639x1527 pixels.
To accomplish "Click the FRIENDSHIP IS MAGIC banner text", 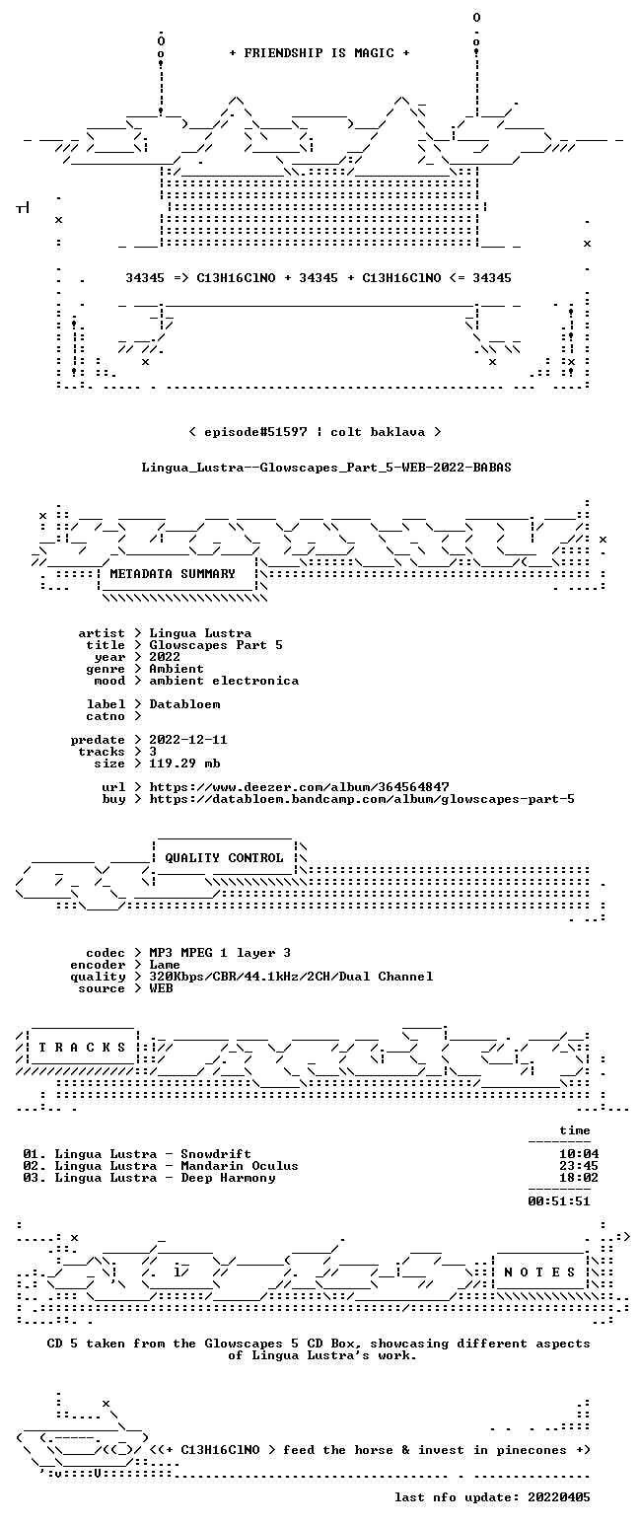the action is [319, 53].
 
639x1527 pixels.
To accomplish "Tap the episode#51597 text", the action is [255, 431].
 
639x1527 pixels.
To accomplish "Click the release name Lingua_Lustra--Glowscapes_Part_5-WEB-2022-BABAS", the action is [326, 468].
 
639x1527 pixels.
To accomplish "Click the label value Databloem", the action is [184, 704].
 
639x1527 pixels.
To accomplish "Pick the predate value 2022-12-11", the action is [188, 740].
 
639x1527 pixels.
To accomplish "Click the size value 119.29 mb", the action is [184, 763].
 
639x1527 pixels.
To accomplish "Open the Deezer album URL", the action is [299, 786].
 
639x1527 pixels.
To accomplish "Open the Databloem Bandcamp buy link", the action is [362, 799].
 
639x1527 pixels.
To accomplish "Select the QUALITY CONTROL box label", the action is [224, 857].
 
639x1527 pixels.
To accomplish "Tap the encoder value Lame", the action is [165, 965].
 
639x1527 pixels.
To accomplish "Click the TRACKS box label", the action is [83, 1047].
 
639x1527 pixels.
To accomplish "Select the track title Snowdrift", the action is [216, 1154].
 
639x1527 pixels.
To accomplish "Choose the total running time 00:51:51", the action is [558, 1201].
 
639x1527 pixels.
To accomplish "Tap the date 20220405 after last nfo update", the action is [558, 1497].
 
